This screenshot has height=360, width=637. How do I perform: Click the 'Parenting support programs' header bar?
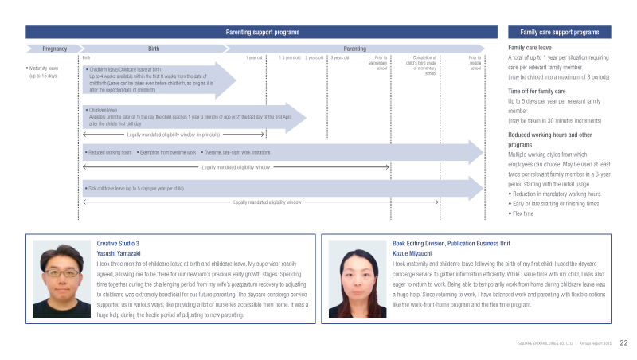[x=263, y=32]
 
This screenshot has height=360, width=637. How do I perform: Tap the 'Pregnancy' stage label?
[x=54, y=49]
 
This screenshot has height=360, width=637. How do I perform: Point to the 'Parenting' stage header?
[x=354, y=49]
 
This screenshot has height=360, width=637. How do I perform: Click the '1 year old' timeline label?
[x=255, y=58]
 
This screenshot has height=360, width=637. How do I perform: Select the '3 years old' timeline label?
[x=339, y=58]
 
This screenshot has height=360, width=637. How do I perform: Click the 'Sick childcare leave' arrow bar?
[x=279, y=188]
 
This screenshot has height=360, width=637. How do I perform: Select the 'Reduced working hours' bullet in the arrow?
[x=109, y=151]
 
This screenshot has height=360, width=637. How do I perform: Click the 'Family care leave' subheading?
[x=530, y=48]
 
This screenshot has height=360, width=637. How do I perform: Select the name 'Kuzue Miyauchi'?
[x=414, y=252]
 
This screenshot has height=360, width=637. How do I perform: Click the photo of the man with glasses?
[x=59, y=280]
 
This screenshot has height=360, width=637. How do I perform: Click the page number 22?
[x=623, y=342]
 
